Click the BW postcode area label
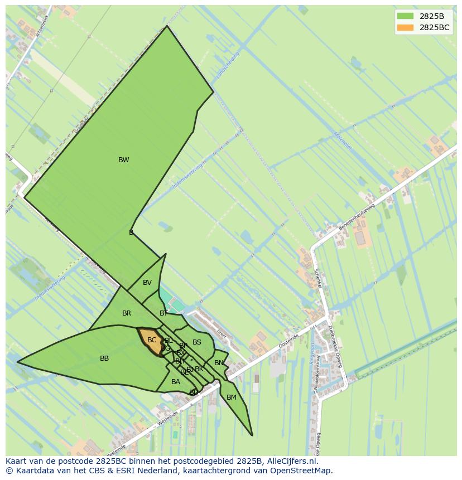click(x=123, y=160)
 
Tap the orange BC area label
click(x=152, y=340)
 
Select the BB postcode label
click(x=104, y=358)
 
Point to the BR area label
click(x=127, y=313)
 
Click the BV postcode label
click(x=147, y=283)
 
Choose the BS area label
click(x=197, y=342)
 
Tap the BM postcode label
click(x=232, y=397)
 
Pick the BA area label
click(x=176, y=382)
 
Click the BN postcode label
click(x=219, y=363)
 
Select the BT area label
click(x=163, y=313)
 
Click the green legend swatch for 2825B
click(x=405, y=16)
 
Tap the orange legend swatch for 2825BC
click(x=405, y=27)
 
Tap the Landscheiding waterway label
click(x=228, y=66)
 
